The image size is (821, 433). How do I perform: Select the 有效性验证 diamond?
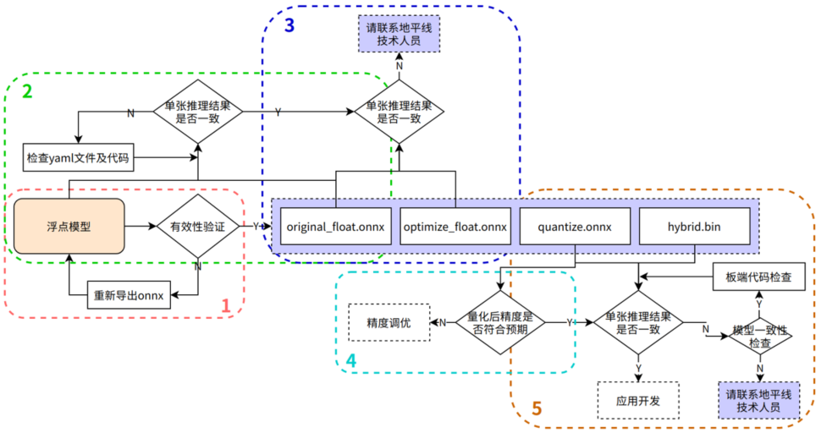[x=197, y=227]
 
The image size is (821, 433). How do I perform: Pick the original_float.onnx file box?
[x=335, y=226]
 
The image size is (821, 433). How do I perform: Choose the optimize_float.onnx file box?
[x=455, y=226]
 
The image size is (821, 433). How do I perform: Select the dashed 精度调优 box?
[x=388, y=322]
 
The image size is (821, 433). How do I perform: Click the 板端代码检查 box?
[x=758, y=277]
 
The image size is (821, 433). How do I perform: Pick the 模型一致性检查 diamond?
[x=758, y=336]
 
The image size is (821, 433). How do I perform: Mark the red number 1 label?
[x=226, y=306]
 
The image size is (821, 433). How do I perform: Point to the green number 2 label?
[x=27, y=90]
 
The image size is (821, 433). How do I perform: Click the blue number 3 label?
[x=289, y=25]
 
